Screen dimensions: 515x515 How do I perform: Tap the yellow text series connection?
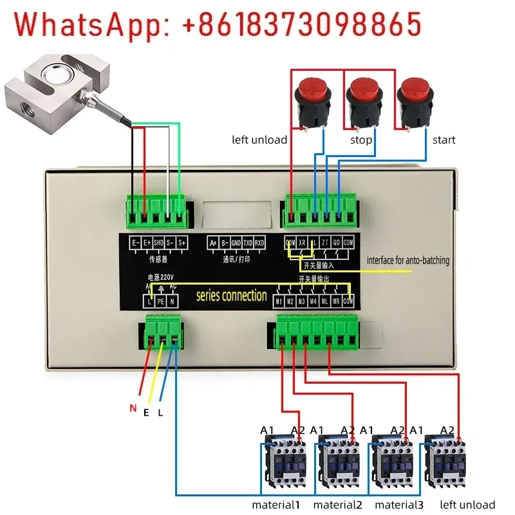[231, 296]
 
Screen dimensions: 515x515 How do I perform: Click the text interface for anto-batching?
[408, 261]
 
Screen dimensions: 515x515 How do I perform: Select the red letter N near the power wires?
[133, 407]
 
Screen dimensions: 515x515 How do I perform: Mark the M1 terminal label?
[279, 301]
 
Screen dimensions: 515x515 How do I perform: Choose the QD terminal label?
[337, 243]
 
